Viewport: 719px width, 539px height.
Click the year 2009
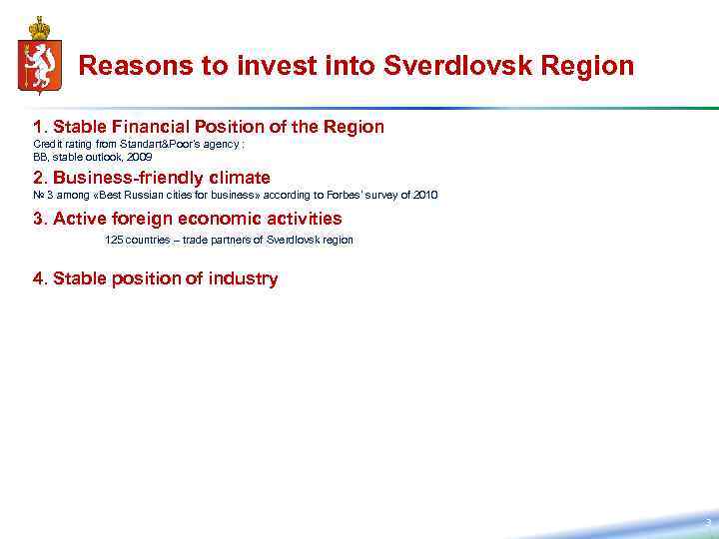(140, 158)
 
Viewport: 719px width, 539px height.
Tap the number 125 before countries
(114, 241)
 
